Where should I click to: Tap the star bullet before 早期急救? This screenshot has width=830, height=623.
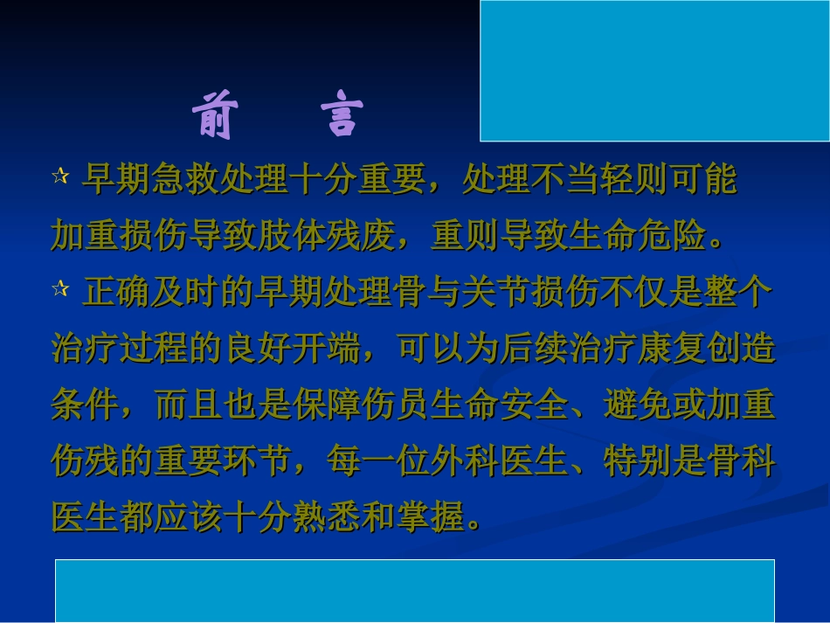tap(59, 177)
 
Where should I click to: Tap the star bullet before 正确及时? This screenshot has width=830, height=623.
tap(59, 289)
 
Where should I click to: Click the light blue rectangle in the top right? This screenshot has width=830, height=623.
tap(654, 71)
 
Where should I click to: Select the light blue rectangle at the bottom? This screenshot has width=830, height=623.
tap(414, 591)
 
